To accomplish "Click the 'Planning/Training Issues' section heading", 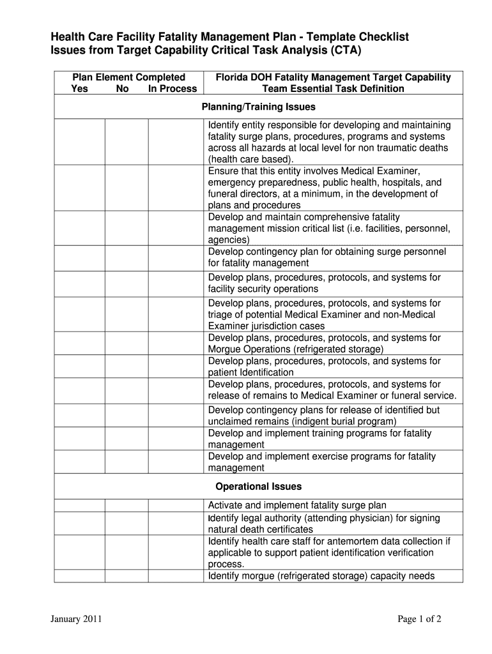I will [x=258, y=107].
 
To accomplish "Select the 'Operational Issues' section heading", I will [x=258, y=487].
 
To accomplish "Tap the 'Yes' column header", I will [x=80, y=89].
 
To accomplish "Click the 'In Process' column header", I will [x=173, y=89].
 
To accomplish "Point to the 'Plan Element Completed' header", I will [x=128, y=77].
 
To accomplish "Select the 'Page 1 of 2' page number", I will [x=419, y=619].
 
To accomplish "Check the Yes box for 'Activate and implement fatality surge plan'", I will [x=80, y=505].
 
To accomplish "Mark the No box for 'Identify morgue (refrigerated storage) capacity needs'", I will [x=127, y=576].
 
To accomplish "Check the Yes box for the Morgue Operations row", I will [x=80, y=344].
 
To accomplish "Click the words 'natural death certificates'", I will [x=261, y=529].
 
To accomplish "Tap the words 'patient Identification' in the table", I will [x=251, y=372].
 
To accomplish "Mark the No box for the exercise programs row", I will [x=127, y=462].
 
